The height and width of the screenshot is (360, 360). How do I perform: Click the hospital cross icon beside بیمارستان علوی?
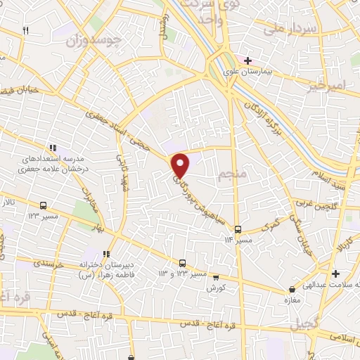(247, 60)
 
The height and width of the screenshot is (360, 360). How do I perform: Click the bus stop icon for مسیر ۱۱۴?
(238, 229)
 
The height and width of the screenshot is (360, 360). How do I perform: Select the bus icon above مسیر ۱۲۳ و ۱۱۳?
(182, 263)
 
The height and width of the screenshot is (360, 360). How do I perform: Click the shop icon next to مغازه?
(292, 290)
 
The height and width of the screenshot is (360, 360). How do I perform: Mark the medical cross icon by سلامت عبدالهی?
(336, 273)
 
